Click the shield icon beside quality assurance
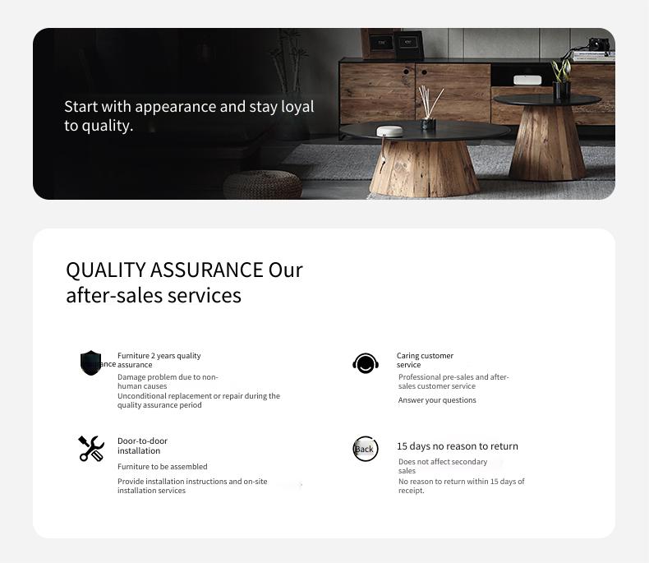click(90, 362)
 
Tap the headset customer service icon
click(366, 363)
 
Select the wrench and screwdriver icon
click(91, 448)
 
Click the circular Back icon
click(366, 449)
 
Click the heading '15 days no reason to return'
click(458, 446)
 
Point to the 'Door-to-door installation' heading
click(142, 445)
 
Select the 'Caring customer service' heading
click(425, 360)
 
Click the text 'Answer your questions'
click(437, 400)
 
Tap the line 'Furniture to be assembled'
click(163, 467)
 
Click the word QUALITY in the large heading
click(105, 270)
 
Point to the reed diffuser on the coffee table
click(429, 108)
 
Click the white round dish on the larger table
click(389, 132)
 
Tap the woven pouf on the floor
click(263, 185)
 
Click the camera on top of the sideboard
click(599, 44)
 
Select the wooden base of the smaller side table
click(547, 143)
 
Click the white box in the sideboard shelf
click(527, 80)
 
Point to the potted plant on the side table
click(562, 79)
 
